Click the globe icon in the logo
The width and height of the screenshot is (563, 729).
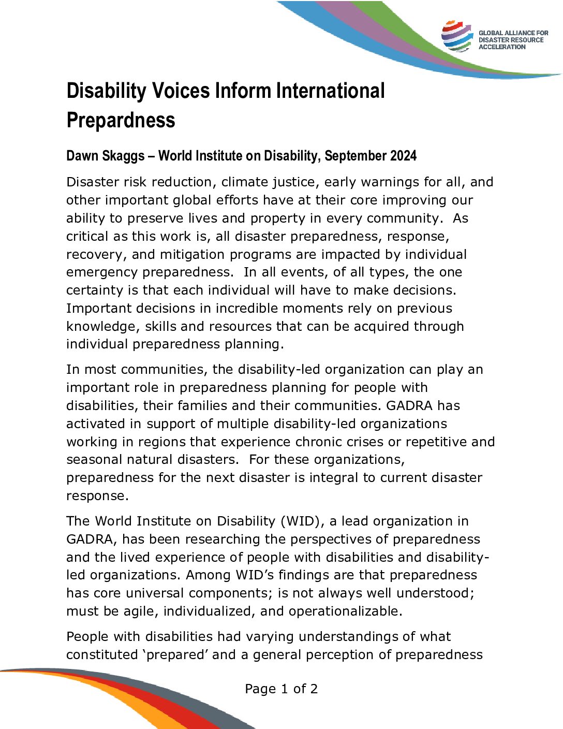(457, 36)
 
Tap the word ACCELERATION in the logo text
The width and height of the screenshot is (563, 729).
(501, 47)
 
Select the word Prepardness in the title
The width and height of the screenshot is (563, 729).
(121, 120)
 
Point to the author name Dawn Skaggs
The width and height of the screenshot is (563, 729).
(106, 156)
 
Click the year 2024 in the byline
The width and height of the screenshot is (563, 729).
(402, 156)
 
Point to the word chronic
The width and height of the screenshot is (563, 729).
(318, 442)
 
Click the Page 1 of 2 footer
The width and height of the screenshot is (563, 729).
(281, 689)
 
